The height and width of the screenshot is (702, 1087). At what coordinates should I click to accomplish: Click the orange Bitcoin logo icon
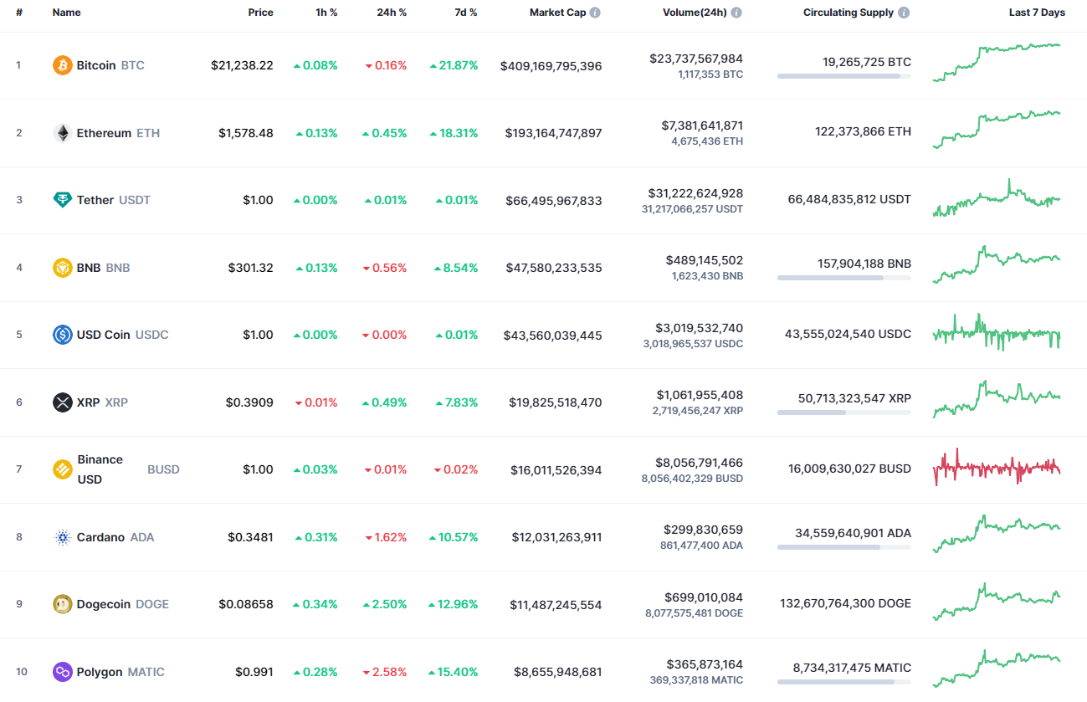[x=63, y=65]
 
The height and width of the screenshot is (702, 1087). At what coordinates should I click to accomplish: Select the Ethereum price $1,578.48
[x=246, y=133]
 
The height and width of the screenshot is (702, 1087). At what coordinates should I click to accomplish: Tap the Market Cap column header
[x=557, y=13]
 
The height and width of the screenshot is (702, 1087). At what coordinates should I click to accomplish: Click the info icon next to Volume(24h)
[x=736, y=13]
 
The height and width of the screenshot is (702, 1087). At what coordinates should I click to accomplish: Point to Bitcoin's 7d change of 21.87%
[x=454, y=65]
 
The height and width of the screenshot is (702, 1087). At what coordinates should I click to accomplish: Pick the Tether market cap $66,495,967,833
[x=553, y=201]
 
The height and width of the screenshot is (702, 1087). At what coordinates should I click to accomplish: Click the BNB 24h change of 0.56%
[x=385, y=268]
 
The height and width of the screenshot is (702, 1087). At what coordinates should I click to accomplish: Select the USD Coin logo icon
[x=63, y=335]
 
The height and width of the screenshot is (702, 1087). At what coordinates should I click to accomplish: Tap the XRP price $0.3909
[x=249, y=402]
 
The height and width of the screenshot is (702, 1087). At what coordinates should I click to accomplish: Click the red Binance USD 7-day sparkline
[x=997, y=468]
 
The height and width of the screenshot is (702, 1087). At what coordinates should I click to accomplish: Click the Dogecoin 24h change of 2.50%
[x=385, y=604]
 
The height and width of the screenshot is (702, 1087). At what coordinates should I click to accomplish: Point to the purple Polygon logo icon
[x=63, y=672]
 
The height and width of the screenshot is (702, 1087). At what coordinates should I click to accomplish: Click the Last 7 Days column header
[x=1037, y=13]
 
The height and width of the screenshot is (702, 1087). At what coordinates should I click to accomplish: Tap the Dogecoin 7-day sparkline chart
[x=997, y=602]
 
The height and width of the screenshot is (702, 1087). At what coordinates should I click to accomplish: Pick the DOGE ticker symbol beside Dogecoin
[x=152, y=604]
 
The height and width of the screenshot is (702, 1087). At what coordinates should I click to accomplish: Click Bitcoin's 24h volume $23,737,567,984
[x=695, y=59]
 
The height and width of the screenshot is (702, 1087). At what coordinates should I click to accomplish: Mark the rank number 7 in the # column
[x=19, y=469]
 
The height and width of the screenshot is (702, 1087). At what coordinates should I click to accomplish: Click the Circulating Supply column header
[x=848, y=13]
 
